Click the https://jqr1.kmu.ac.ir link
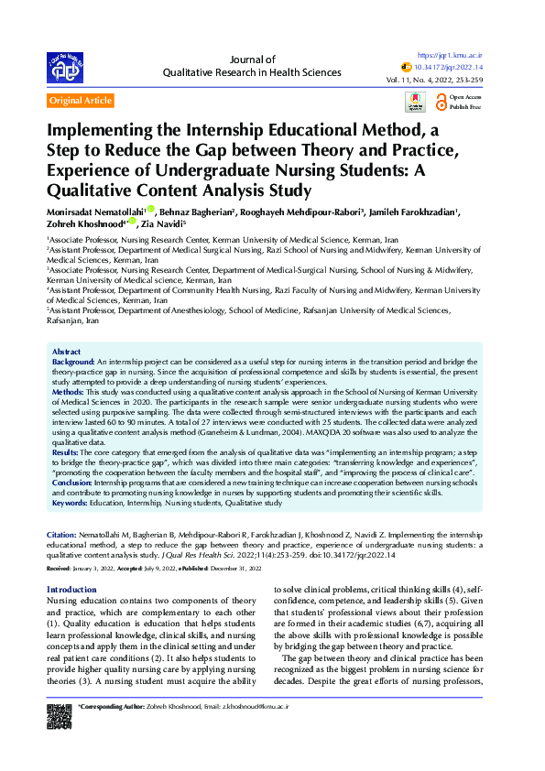[x=451, y=55]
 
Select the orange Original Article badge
[x=82, y=101]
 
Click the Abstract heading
[x=66, y=352]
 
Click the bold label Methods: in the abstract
[x=69, y=391]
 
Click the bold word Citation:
[x=62, y=533]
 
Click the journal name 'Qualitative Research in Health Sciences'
[x=251, y=71]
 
